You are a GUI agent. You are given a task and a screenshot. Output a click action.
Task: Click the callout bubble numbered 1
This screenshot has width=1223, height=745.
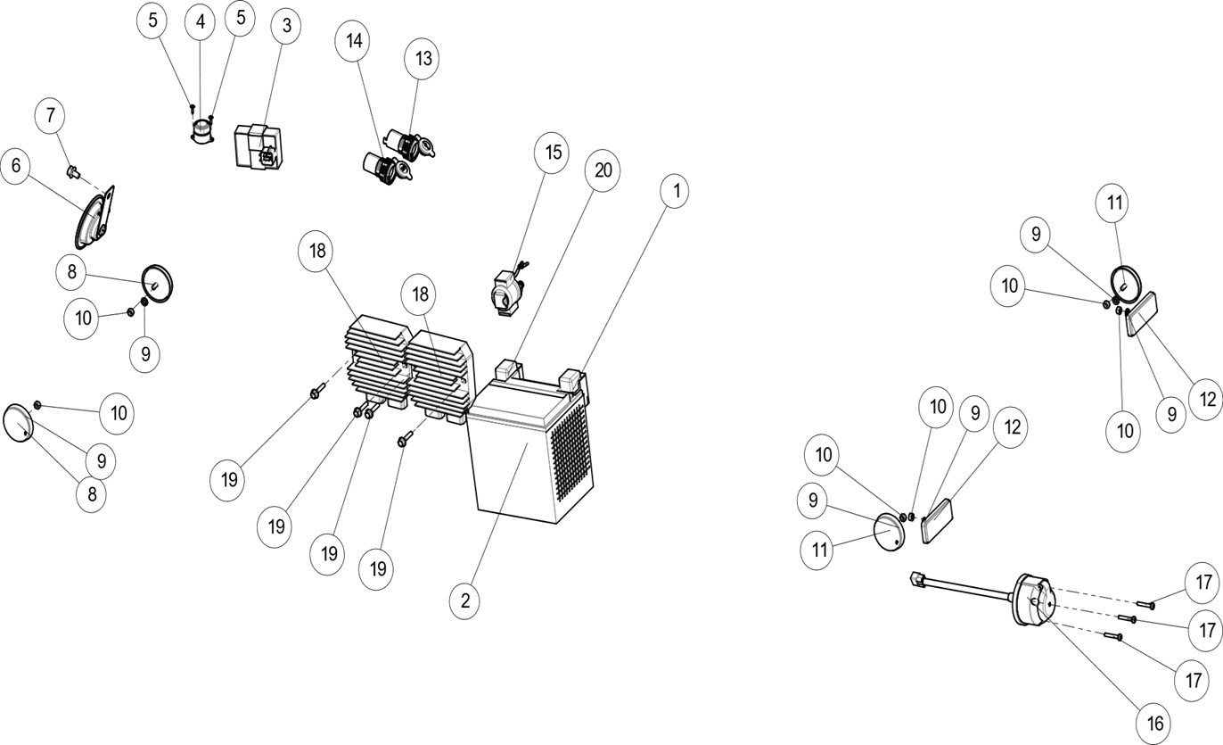675,190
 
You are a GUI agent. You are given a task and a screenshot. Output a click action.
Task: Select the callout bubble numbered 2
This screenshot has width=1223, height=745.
464,600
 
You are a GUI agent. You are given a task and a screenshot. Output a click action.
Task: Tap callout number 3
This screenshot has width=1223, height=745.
285,26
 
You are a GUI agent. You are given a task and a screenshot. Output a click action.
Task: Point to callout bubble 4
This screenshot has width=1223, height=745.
200,22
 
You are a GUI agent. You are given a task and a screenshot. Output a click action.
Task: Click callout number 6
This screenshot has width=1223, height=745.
17,166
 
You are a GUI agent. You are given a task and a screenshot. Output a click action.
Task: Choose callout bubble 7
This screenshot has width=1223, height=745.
50,115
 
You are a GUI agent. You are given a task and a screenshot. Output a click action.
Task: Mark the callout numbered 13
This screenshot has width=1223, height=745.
422,59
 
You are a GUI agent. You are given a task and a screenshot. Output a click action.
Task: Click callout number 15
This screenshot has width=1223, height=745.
553,153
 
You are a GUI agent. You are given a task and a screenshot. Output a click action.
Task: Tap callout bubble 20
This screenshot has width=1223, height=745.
603,170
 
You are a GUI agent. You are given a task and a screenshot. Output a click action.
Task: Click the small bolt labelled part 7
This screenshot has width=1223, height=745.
74,170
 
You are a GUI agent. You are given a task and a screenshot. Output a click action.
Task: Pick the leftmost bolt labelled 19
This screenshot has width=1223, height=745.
316,392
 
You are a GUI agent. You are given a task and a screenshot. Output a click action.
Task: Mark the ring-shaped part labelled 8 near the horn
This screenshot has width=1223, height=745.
158,283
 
